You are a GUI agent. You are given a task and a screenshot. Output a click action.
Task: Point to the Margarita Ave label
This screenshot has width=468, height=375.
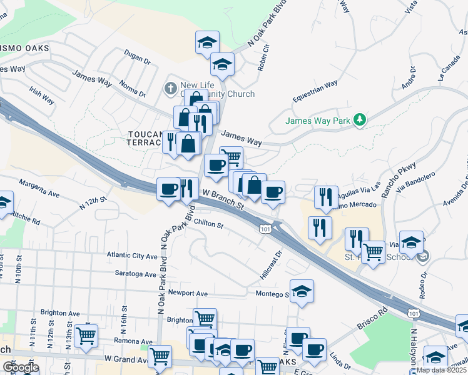coord(39,189)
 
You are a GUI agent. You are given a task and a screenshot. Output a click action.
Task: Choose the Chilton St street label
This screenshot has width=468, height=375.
coord(208,224)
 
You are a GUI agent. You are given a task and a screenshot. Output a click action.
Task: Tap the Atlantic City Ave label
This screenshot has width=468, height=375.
coord(132,256)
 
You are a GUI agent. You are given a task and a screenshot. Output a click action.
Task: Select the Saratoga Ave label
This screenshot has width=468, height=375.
coord(135,274)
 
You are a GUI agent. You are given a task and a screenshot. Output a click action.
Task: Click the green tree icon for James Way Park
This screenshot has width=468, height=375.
coord(359,119)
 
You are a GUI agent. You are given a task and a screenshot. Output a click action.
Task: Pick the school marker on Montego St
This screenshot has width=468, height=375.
coord(302,292)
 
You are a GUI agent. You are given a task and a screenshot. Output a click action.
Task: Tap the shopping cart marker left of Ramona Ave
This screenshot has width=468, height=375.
coord(86,336)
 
